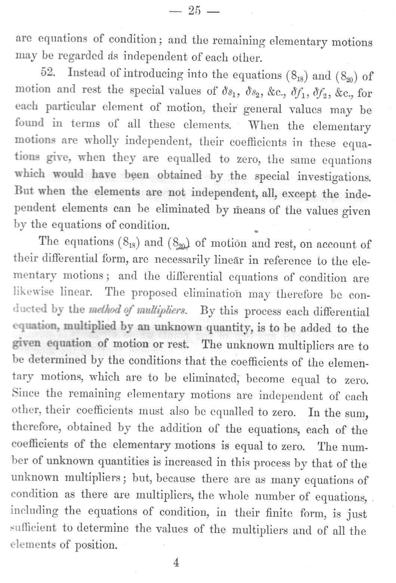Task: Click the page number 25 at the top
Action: pos(194,11)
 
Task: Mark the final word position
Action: pos(96,545)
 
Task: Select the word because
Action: pos(176,479)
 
